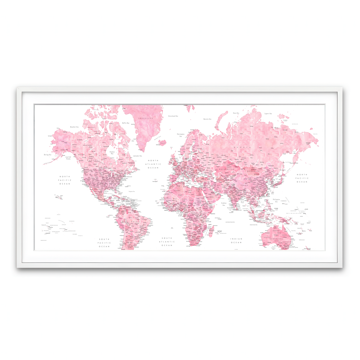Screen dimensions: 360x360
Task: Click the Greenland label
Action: tap(146, 118)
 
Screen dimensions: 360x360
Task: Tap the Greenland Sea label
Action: tap(173, 116)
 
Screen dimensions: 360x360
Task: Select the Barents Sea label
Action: tap(207, 119)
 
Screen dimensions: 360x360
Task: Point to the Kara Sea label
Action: tap(236, 113)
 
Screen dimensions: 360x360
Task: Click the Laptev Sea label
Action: tap(268, 114)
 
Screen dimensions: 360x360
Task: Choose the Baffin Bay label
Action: tap(126, 123)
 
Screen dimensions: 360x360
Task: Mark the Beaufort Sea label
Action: tap(74, 127)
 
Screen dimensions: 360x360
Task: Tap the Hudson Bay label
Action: tap(112, 153)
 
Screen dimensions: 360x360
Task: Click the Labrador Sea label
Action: tap(137, 156)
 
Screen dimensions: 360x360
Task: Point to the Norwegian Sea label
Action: tap(181, 135)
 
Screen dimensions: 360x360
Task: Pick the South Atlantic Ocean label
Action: tap(167, 241)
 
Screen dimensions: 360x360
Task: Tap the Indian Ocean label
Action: tap(236, 241)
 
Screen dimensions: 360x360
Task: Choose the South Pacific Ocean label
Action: tap(104, 243)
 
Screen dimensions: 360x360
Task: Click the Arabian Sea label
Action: tap(224, 204)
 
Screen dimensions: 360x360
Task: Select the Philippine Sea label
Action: tap(276, 200)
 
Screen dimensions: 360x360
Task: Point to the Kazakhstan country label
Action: tap(226, 169)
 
